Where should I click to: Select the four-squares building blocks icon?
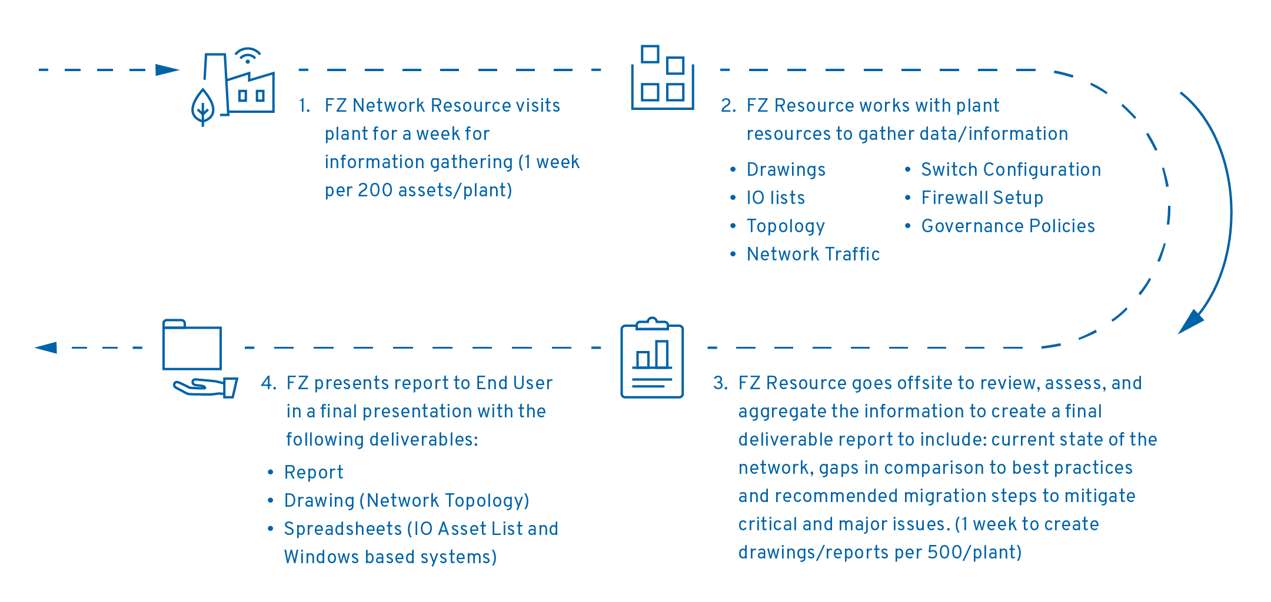click(663, 77)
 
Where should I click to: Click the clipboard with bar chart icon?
click(652, 357)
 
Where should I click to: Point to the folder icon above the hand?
click(192, 345)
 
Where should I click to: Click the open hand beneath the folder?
click(205, 387)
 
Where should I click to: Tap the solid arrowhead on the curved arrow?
click(1191, 322)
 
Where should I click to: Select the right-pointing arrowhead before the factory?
click(167, 70)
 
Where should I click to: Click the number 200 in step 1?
click(375, 190)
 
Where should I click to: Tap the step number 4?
click(268, 383)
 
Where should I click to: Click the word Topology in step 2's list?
click(786, 226)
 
